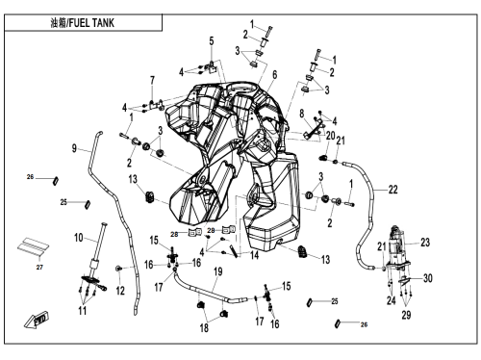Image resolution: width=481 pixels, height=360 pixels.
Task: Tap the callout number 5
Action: (x=212, y=41)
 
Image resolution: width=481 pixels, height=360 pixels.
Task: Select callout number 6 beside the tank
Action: (x=275, y=75)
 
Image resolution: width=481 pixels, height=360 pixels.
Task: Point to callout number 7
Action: (x=152, y=80)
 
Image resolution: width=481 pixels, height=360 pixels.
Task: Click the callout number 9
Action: (x=74, y=148)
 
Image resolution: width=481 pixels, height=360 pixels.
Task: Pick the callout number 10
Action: (x=79, y=238)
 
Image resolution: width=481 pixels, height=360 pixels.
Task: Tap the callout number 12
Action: (x=120, y=291)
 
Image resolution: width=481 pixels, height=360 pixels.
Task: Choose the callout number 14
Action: (x=254, y=255)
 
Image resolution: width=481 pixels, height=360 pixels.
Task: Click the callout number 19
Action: (x=218, y=271)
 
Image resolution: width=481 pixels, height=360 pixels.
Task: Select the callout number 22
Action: (x=393, y=190)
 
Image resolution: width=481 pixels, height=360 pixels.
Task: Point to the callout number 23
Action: (x=425, y=243)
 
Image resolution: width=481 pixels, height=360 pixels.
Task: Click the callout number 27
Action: (x=39, y=267)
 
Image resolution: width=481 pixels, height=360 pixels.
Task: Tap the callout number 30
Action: (x=428, y=278)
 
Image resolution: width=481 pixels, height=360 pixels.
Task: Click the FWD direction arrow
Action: (x=37, y=320)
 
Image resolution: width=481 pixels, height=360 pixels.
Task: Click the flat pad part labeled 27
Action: (x=33, y=246)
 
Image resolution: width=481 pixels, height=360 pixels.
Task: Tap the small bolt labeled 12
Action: (x=118, y=269)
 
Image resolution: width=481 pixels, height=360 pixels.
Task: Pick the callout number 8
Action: (x=302, y=114)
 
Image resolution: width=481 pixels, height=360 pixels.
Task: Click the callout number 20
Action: (x=331, y=136)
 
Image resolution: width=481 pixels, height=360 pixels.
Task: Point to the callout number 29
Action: (x=406, y=315)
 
